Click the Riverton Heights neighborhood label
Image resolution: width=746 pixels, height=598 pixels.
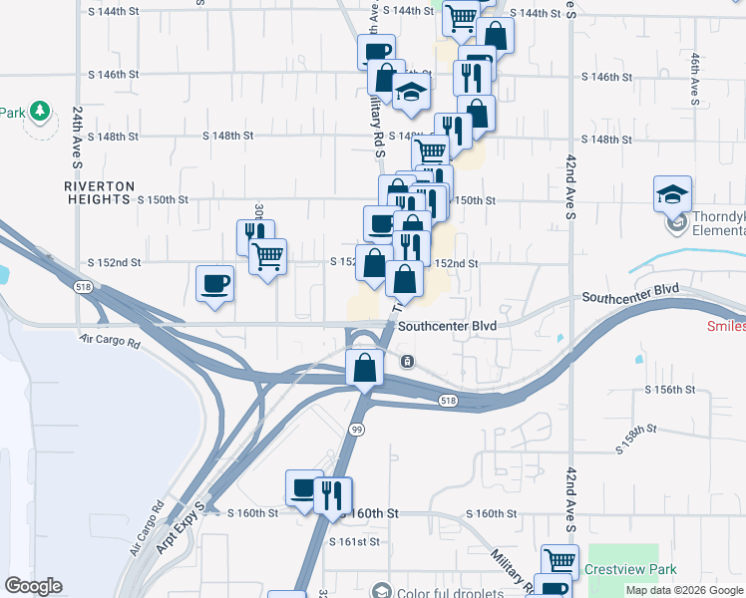98,192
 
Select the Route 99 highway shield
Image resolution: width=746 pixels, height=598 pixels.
356,429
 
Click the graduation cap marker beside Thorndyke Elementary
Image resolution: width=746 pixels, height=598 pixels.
673,194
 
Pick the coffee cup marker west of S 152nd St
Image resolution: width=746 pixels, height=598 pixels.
214,284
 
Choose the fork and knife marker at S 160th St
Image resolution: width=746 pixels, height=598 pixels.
332,494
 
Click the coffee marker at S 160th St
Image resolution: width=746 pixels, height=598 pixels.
303,488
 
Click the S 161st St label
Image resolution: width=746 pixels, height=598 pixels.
355,542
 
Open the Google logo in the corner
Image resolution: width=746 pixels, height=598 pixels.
33,586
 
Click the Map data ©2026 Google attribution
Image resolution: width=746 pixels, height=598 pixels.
684,590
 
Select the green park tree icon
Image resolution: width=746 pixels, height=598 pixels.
40,110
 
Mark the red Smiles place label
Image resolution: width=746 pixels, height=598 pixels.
726,326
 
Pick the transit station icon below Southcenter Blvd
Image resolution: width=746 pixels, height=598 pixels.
407,361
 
